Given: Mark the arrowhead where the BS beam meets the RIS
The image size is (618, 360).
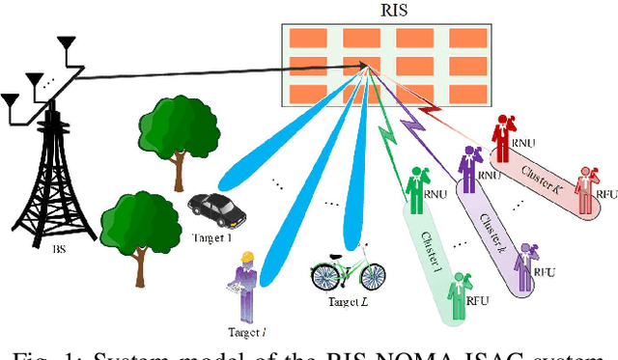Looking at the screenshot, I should pos(370,68).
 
